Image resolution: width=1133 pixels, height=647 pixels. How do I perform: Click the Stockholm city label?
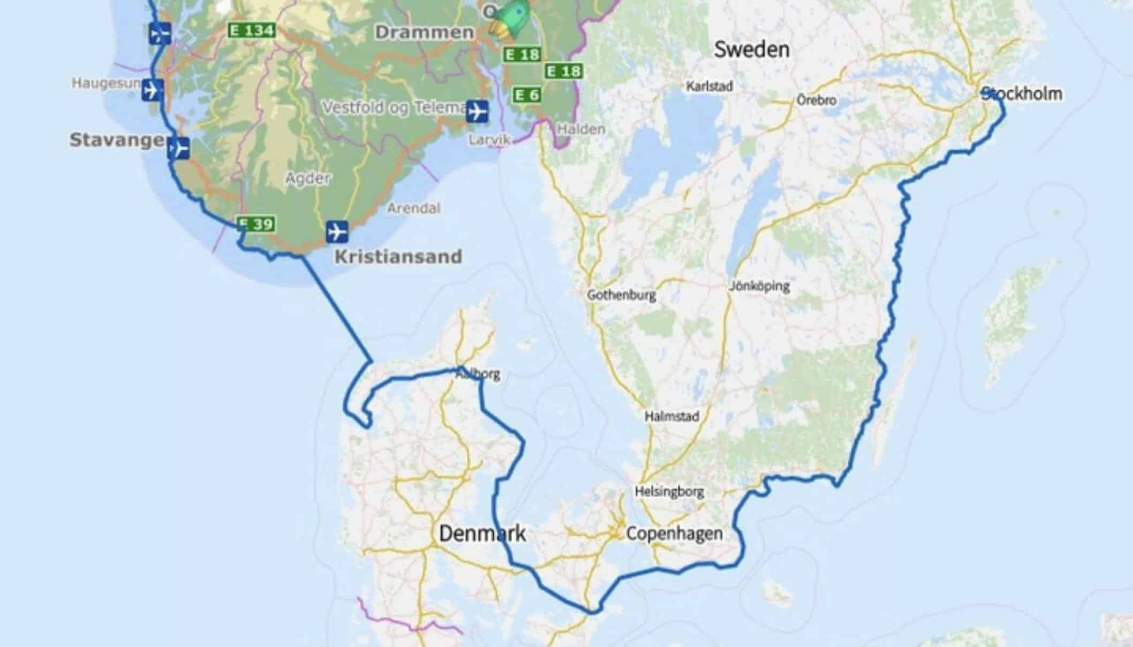(x=1022, y=94)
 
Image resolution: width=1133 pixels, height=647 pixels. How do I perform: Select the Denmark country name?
(x=482, y=533)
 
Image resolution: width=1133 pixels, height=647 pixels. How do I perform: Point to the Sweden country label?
(x=751, y=50)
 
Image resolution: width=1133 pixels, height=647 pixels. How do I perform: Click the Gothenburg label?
(x=621, y=295)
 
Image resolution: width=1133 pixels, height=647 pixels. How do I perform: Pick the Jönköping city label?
(x=759, y=286)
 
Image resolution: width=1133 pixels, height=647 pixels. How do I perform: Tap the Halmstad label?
(x=671, y=416)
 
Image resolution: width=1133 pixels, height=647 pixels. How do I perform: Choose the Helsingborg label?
(x=669, y=491)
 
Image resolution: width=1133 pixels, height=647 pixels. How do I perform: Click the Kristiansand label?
(x=398, y=257)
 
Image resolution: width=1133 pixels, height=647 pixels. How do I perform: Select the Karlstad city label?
(x=709, y=86)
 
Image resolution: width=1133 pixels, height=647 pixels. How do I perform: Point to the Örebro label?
(x=816, y=100)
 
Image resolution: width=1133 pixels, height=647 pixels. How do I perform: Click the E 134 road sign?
(x=252, y=30)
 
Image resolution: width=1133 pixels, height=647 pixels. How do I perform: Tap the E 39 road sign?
(x=256, y=224)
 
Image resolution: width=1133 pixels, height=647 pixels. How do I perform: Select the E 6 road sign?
(x=527, y=95)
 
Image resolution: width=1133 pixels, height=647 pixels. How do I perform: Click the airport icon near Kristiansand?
(x=337, y=232)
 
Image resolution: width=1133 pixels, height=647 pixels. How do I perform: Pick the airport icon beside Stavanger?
(x=178, y=148)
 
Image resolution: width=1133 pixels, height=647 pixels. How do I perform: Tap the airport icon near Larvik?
(x=477, y=111)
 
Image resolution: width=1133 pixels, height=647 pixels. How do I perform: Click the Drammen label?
(x=424, y=32)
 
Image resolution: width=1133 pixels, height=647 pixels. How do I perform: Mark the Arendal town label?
(x=413, y=208)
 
